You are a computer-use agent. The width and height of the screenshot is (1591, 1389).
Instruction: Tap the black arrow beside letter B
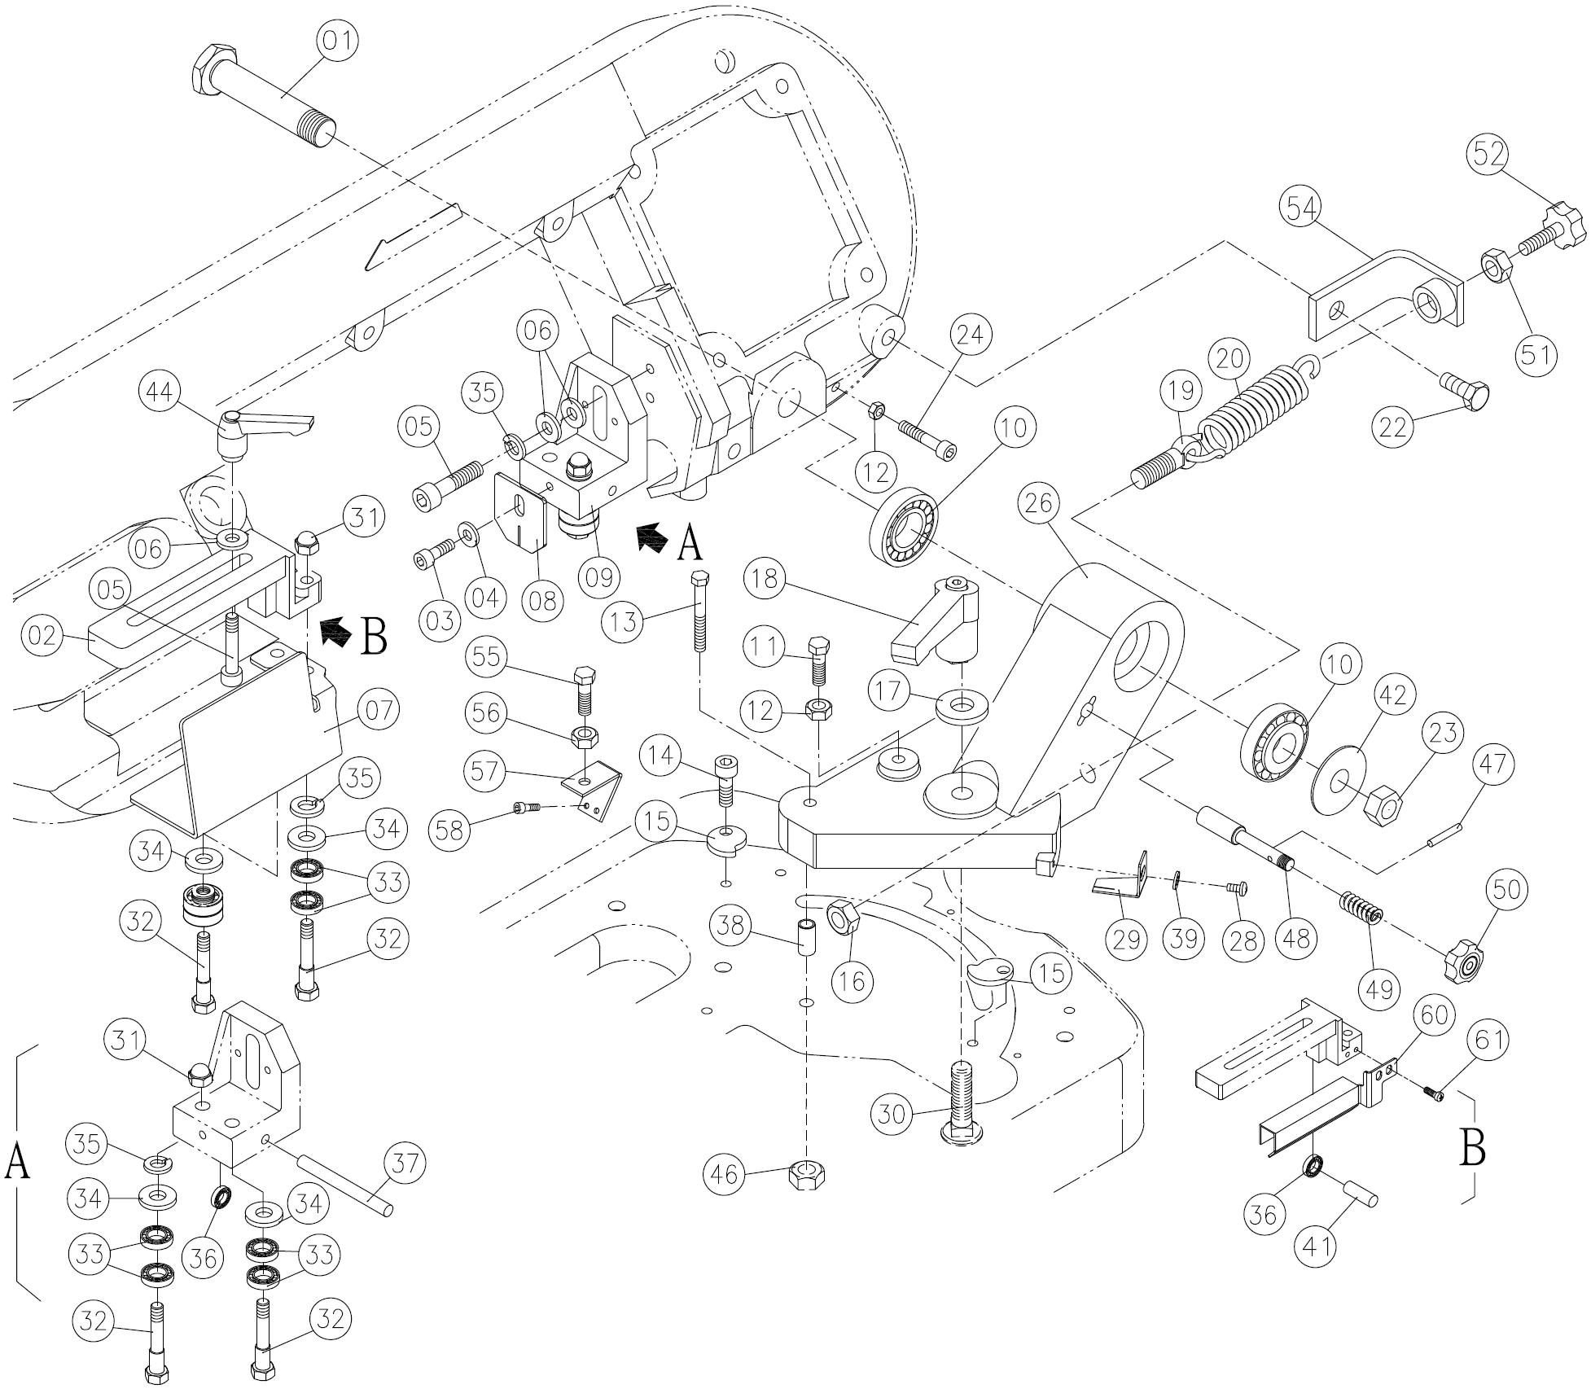(335, 632)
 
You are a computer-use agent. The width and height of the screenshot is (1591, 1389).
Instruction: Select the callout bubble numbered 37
(405, 1164)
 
